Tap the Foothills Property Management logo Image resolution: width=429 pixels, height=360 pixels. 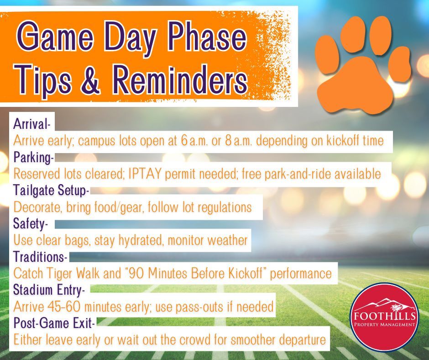pos(384,317)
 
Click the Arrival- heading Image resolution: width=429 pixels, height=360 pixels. pos(32,124)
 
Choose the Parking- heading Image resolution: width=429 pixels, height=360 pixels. pos(34,158)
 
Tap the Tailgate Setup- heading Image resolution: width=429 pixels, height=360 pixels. pos(51,191)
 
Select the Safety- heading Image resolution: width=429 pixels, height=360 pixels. pos(31,224)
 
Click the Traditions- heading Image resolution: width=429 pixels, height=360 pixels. pos(40,257)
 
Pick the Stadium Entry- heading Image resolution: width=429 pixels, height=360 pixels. pos(49,290)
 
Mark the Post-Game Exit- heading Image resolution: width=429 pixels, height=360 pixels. pos(54,323)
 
